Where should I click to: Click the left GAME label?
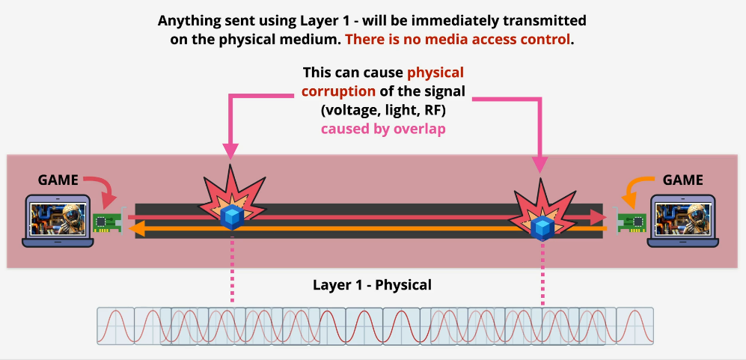(58, 180)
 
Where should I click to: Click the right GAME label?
(683, 180)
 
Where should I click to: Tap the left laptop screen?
(57, 218)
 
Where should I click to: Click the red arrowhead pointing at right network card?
(599, 218)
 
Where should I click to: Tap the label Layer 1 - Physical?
(372, 285)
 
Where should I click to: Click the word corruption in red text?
(340, 91)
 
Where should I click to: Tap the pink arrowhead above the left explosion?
(230, 151)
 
